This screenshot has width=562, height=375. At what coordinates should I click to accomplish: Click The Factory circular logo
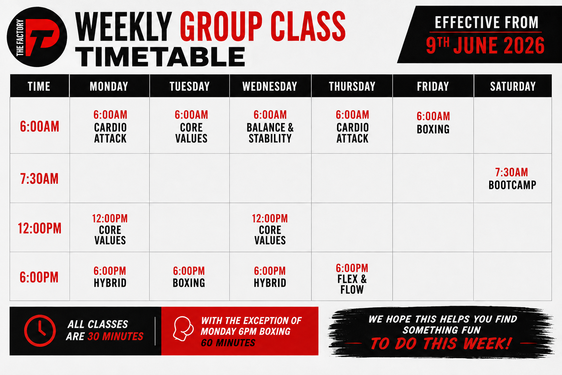pos(37,37)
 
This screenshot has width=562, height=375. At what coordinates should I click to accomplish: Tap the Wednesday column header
pos(270,86)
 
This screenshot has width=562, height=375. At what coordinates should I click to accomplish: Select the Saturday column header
pos(513,86)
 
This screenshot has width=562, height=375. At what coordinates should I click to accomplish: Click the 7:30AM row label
pos(40,179)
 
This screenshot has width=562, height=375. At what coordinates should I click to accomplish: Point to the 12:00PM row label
pos(40,228)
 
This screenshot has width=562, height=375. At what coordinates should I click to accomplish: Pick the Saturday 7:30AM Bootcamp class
pos(512,179)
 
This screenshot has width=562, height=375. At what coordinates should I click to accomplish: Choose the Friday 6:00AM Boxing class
pos(433,123)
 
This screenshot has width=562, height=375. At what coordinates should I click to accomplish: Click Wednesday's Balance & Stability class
pos(270,127)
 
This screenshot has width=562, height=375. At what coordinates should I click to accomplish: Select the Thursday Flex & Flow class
pos(352,279)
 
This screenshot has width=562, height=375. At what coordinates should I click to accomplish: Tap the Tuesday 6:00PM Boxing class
pos(189,277)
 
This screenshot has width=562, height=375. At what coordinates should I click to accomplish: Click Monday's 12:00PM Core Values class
pos(110,229)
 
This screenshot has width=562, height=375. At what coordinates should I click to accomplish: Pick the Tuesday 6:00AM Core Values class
pos(191,127)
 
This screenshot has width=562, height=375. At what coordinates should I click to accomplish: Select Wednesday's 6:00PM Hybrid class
pos(270,277)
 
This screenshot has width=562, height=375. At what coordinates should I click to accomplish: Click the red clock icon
pos(40,331)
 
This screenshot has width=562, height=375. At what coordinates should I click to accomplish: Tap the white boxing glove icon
pos(183,328)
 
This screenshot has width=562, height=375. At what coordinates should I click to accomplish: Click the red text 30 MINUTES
pos(115,336)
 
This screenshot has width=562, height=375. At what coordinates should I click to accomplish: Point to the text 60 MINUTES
pos(228,343)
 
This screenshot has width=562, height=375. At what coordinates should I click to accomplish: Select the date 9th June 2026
pos(485,45)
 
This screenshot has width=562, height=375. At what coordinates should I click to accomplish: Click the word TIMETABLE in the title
pos(160,57)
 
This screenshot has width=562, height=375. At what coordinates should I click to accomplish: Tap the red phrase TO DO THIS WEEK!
pos(441,344)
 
